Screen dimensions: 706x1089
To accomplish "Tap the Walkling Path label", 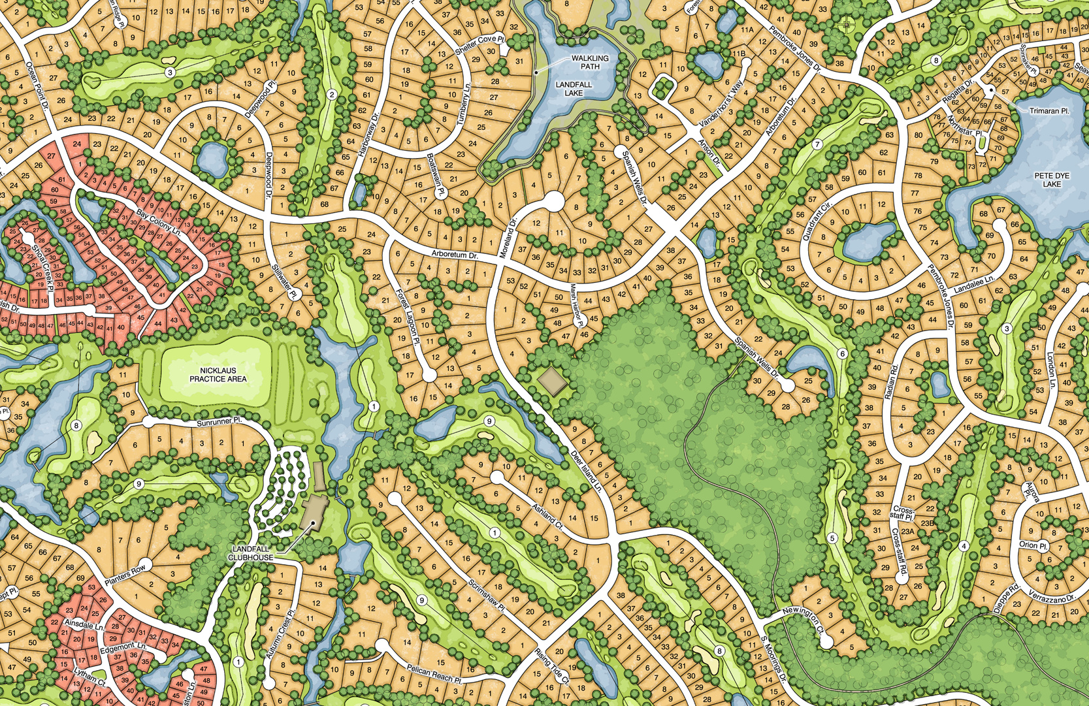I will [590, 62].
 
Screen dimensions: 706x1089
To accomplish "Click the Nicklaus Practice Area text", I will [218, 375].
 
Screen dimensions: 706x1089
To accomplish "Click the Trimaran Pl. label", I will [1049, 111].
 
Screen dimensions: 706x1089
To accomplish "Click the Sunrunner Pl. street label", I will [219, 423].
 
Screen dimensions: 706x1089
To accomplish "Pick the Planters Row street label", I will [125, 573].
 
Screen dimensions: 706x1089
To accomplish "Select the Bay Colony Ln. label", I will [158, 222].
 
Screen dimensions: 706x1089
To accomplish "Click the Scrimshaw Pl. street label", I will [487, 595].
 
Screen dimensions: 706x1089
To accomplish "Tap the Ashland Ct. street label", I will [547, 515].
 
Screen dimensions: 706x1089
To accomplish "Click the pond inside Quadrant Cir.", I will [868, 240].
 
